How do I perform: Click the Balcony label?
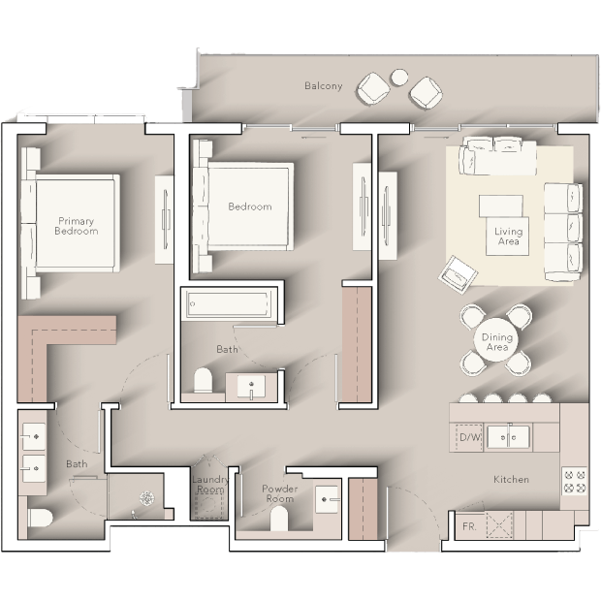coord(323,86)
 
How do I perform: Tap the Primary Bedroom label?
coord(76,226)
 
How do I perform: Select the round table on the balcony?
coord(399,78)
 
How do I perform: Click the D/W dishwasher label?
coord(469,437)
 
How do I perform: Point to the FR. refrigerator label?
coord(469,526)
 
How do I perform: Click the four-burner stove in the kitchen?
coord(575,482)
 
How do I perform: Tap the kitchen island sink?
coord(508,437)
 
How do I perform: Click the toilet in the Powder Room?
coord(279,519)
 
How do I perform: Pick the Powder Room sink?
coord(327,499)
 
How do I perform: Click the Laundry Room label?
coord(209,485)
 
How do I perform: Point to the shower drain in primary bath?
coord(146,498)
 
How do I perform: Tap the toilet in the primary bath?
coord(41,518)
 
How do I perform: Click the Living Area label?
coord(508,237)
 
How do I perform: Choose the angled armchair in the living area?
coord(459,274)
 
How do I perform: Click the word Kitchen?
coord(511,479)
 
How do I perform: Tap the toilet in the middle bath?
coord(204,380)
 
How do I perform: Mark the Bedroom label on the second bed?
coord(250,206)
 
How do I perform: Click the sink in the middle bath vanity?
coord(251,387)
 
